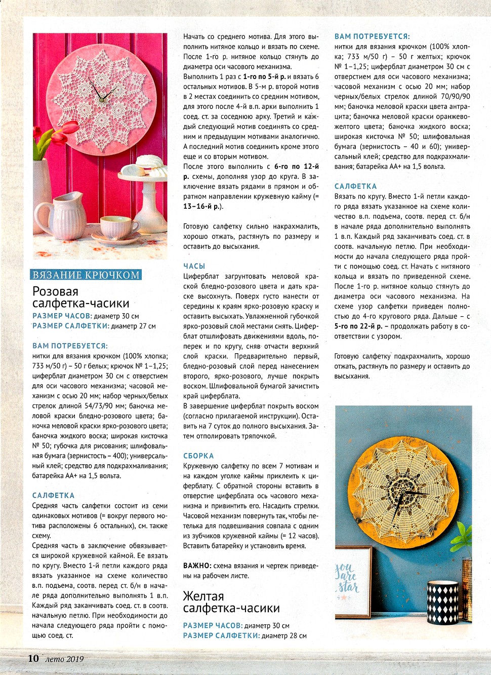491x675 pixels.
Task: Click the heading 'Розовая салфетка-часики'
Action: [81, 297]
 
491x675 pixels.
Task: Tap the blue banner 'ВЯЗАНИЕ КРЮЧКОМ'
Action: [86, 275]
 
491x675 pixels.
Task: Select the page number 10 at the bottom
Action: [33, 658]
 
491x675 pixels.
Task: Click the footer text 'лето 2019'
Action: [64, 659]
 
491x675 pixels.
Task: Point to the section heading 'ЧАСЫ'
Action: [194, 266]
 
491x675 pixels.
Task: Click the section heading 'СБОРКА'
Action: [198, 456]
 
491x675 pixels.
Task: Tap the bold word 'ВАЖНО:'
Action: [197, 566]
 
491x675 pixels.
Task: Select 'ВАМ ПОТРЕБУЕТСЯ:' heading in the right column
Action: [372, 36]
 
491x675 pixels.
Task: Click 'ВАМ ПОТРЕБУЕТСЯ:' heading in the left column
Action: [70, 346]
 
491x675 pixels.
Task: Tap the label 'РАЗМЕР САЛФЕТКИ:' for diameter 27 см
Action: [71, 326]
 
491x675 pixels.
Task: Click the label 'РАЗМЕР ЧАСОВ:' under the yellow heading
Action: [213, 626]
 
